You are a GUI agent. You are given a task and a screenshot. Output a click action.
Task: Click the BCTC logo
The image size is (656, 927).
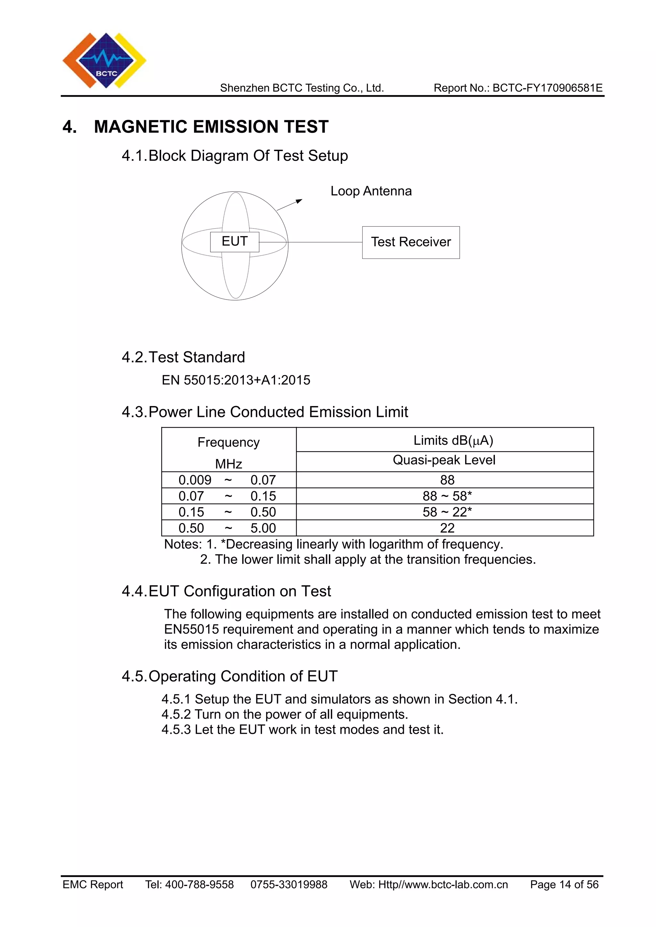[104, 60]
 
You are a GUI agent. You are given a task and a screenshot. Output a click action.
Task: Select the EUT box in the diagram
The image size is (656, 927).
[234, 242]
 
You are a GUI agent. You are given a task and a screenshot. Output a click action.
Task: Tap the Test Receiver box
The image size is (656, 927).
[411, 242]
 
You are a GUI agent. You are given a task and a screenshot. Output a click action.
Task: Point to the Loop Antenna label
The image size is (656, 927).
[371, 191]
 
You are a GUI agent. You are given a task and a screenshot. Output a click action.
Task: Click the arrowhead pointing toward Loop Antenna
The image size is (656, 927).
[299, 201]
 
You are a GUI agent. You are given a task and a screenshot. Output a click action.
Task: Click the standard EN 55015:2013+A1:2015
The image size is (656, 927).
[236, 380]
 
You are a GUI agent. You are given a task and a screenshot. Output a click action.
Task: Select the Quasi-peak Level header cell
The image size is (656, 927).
[444, 460]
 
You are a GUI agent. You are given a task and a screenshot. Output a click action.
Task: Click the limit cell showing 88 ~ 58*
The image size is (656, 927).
[447, 496]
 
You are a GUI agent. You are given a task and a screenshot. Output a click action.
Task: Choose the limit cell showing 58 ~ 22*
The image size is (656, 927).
[447, 512]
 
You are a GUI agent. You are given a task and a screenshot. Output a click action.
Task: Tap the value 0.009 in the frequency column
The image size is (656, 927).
[195, 480]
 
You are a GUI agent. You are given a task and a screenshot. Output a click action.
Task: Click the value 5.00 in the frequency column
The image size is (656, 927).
[263, 528]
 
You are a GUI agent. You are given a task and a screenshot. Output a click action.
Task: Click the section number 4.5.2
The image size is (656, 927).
[176, 714]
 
